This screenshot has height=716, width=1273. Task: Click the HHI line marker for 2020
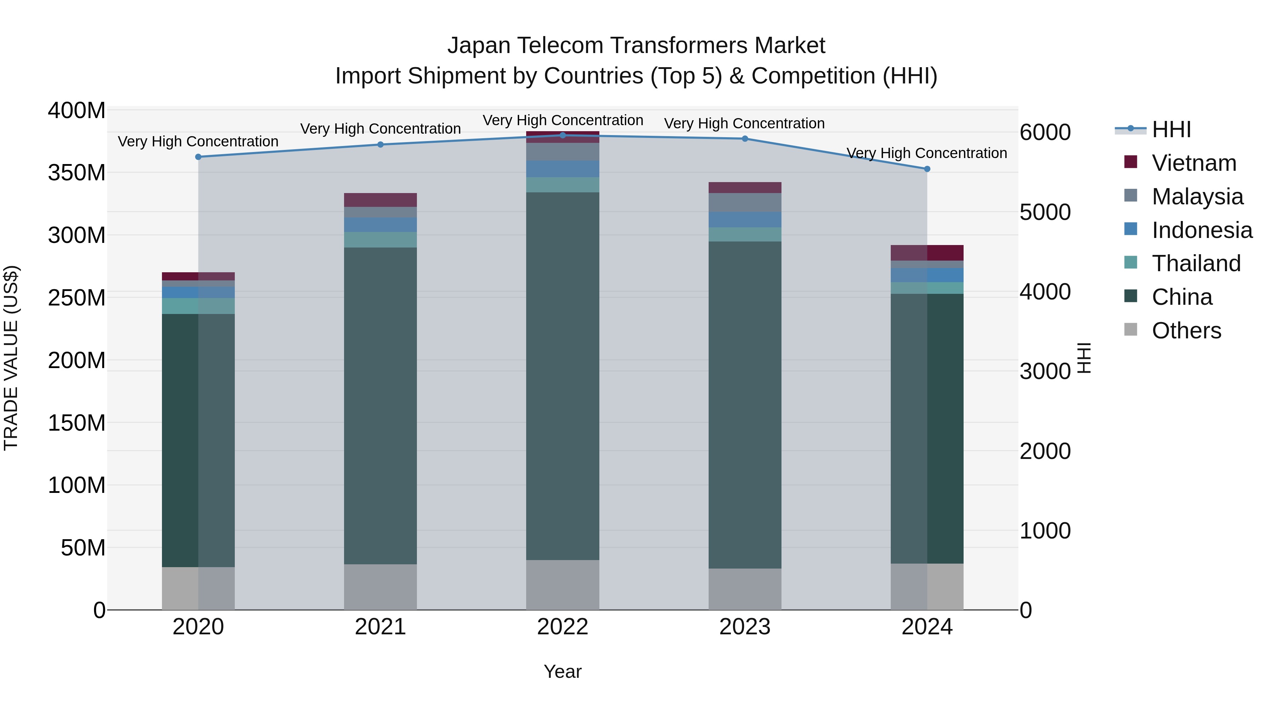[198, 157]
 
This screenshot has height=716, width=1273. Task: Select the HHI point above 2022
[562, 135]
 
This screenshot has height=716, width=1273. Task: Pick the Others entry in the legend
[1186, 331]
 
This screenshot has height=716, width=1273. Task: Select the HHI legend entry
[1171, 129]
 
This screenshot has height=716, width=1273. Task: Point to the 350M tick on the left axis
[77, 173]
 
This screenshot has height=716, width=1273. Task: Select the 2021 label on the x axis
[380, 627]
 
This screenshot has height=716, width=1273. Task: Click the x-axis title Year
[562, 671]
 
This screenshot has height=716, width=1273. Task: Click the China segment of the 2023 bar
[745, 405]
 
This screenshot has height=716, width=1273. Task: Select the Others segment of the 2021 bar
[380, 587]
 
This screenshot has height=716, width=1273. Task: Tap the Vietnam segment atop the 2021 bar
[380, 200]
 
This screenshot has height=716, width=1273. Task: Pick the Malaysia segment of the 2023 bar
[745, 203]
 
